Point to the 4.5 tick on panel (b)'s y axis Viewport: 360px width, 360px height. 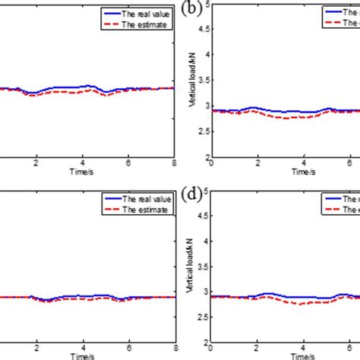click(x=203, y=30)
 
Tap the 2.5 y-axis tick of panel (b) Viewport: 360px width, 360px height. click(x=203, y=134)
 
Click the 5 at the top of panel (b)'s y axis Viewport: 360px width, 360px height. click(x=206, y=6)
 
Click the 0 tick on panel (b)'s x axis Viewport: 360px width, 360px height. click(x=211, y=165)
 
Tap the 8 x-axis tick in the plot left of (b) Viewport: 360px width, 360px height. click(x=175, y=165)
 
